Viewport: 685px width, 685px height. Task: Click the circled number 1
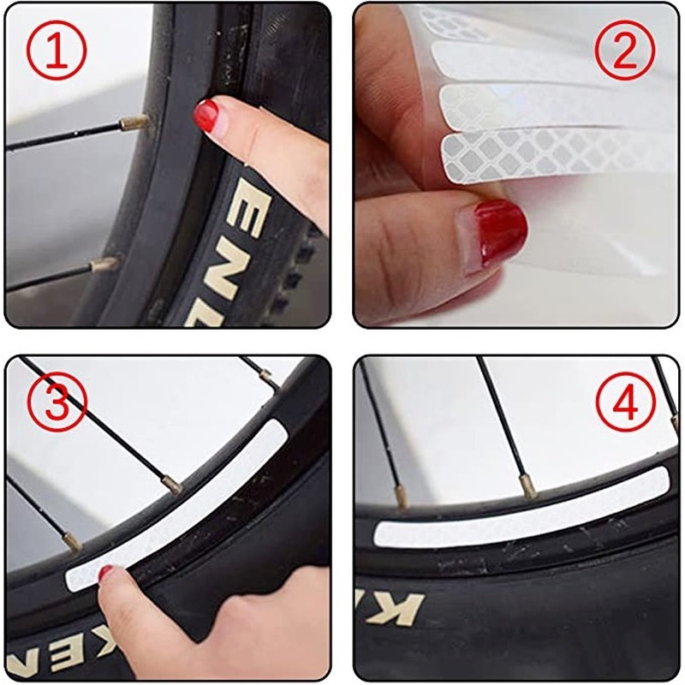coord(57,51)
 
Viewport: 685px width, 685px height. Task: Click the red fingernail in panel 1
coord(206,114)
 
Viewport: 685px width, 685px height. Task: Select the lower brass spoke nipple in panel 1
coord(105,264)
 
